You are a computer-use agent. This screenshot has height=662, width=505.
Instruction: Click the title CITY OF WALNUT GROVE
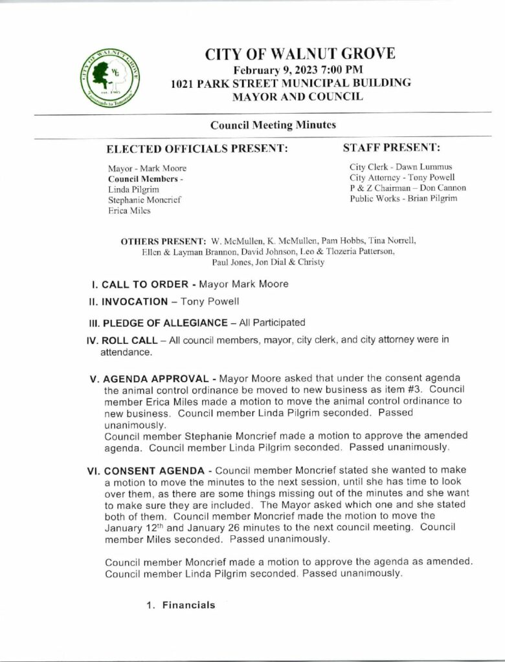(x=300, y=54)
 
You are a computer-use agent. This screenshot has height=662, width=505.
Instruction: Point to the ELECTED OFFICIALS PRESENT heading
(x=197, y=149)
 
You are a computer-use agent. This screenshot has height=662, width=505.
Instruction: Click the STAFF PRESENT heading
(x=391, y=147)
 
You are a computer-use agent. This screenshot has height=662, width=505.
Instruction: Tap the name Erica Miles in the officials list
(x=129, y=210)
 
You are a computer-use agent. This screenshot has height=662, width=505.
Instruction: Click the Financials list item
(x=188, y=605)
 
